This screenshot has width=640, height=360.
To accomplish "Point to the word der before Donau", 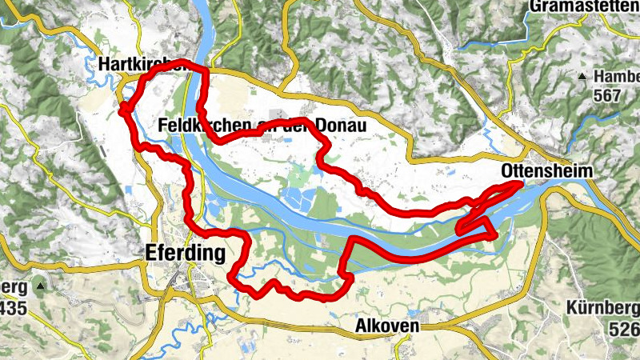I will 298,126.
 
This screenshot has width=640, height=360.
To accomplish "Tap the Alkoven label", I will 388,329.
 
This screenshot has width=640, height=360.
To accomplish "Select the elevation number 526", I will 624,329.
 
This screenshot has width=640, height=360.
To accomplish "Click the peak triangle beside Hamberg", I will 583,77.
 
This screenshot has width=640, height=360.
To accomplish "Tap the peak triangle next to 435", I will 38,286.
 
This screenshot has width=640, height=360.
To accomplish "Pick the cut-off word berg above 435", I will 14,286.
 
